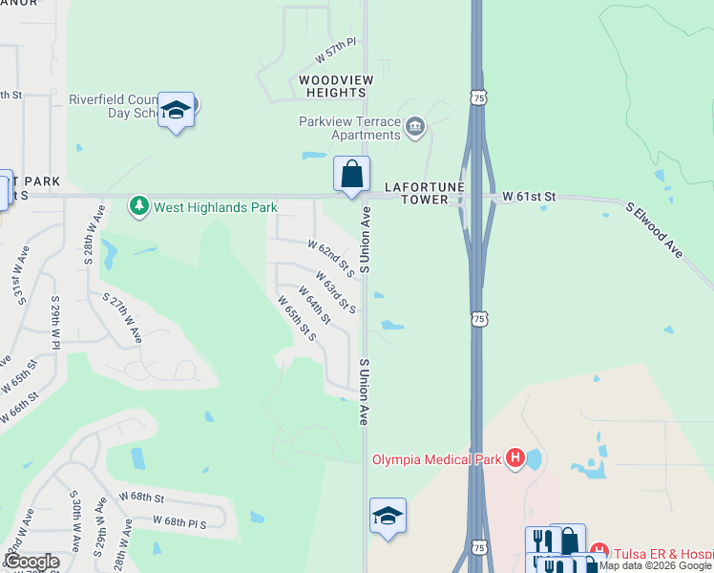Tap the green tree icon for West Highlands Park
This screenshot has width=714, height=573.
pyautogui.click(x=140, y=206)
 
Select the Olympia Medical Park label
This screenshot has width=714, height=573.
pyautogui.click(x=437, y=459)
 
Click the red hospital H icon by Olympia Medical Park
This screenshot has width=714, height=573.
pyautogui.click(x=515, y=459)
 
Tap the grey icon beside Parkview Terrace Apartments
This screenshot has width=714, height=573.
pyautogui.click(x=415, y=127)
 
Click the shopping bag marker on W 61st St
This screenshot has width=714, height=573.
pyautogui.click(x=352, y=175)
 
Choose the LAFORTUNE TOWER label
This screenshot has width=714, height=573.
pyautogui.click(x=416, y=194)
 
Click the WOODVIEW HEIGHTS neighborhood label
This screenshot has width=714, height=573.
pyautogui.click(x=332, y=87)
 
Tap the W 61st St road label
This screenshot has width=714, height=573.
pyautogui.click(x=529, y=197)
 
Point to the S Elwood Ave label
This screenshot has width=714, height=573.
pyautogui.click(x=655, y=229)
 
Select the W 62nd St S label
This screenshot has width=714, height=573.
pyautogui.click(x=331, y=258)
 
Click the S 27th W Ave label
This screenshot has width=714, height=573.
pyautogui.click(x=124, y=318)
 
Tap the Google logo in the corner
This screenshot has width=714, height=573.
pyautogui.click(x=31, y=562)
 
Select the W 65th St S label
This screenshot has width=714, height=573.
pyautogui.click(x=297, y=317)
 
